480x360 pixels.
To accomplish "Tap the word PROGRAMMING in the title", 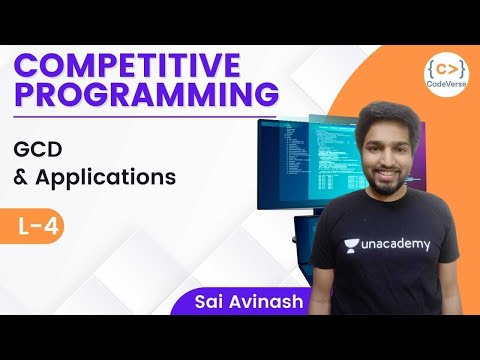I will coord(146,96).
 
